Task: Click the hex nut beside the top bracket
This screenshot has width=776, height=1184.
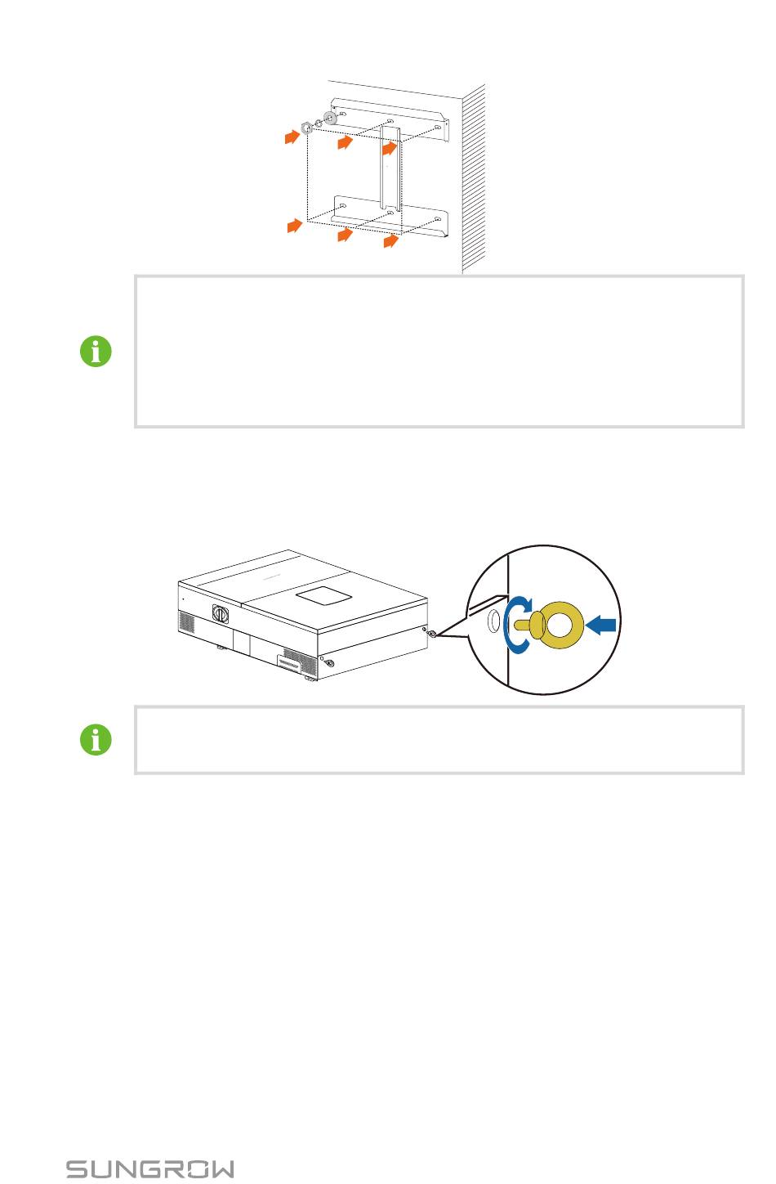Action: click(x=306, y=128)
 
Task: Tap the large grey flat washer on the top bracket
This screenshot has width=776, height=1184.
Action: click(x=330, y=118)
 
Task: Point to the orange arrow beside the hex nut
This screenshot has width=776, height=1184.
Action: click(x=292, y=137)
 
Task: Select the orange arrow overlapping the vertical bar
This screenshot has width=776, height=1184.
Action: click(x=390, y=147)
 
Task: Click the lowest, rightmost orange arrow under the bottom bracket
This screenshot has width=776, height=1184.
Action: click(x=390, y=240)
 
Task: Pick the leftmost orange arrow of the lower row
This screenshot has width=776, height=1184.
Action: click(x=294, y=226)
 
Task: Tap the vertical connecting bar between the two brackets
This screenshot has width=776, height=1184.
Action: click(x=390, y=167)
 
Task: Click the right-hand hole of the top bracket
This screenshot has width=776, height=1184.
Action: click(x=437, y=128)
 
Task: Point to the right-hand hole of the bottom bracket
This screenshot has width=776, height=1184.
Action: click(x=437, y=219)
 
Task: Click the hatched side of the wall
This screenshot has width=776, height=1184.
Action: click(x=474, y=177)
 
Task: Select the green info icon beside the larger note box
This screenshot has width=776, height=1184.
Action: click(x=96, y=351)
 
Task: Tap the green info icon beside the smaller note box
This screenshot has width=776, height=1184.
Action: click(x=96, y=739)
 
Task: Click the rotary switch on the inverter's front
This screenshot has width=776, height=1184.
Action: click(x=220, y=613)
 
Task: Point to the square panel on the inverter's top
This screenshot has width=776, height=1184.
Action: click(x=323, y=596)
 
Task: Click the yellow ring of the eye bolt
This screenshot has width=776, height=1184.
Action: click(x=564, y=603)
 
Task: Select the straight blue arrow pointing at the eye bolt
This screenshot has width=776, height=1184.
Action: click(x=600, y=626)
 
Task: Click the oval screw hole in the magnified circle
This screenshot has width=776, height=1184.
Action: click(x=493, y=621)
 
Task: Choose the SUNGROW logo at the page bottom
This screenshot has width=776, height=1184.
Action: click(x=150, y=1169)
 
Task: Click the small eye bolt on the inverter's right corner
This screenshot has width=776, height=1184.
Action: click(x=432, y=634)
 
